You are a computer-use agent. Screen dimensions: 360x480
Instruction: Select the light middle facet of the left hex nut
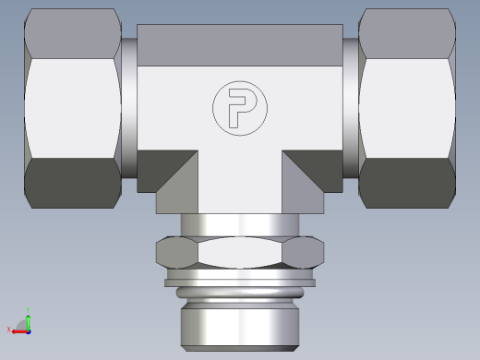click(72, 108)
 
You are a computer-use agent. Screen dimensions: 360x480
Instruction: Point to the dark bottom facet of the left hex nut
click(72, 183)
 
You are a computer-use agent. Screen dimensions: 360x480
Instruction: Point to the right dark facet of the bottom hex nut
click(306, 252)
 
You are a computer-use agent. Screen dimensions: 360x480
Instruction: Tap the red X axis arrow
click(18, 329)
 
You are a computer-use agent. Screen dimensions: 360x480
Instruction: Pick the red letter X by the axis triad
click(9, 329)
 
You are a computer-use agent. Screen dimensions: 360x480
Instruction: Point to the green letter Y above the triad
click(30, 309)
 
